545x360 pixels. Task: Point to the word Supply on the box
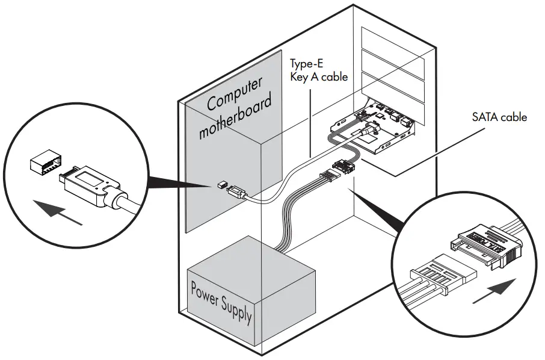coord(238,309)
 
